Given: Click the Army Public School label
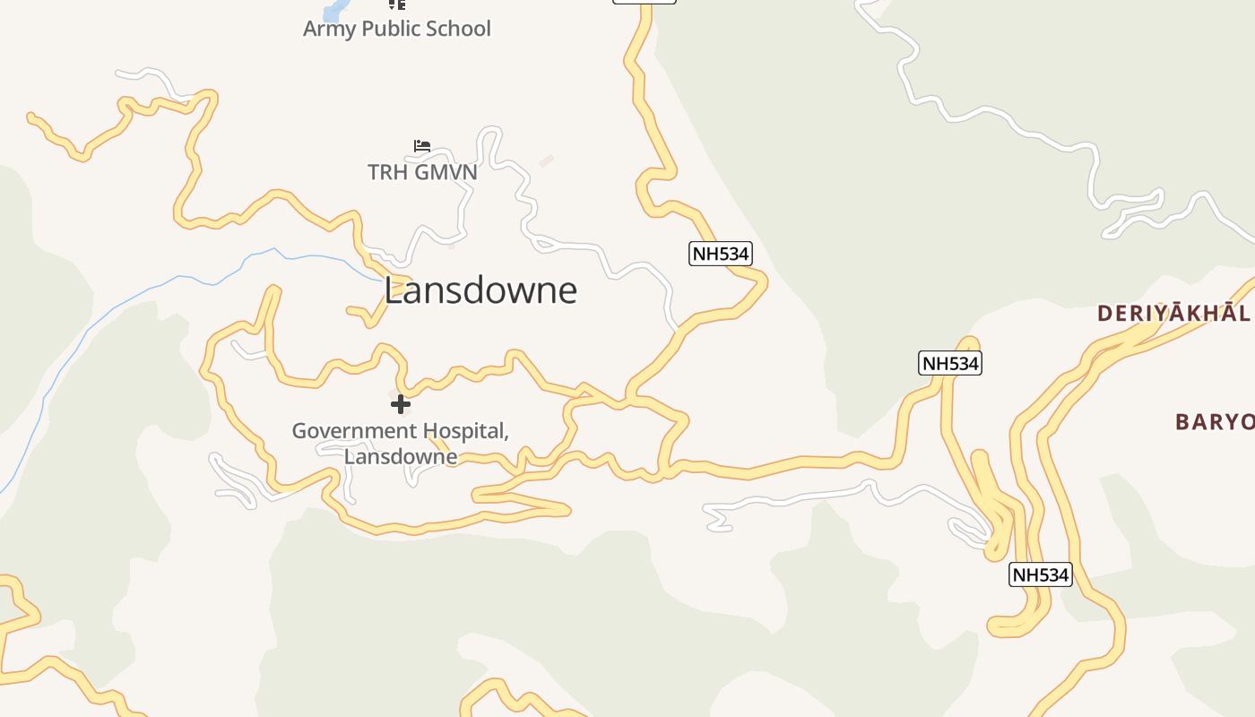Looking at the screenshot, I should point(397,29).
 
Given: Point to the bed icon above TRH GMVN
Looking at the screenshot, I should point(422,145).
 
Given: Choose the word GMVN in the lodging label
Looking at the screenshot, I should point(443,171).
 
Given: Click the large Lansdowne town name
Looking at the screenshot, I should point(480,290).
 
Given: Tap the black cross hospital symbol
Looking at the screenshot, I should point(401,404).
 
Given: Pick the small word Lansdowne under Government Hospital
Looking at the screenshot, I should point(401,456).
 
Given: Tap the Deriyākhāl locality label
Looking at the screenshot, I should point(1173,313).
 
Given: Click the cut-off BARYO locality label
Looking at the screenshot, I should point(1214,421).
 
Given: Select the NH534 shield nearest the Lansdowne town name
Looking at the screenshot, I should point(721,254).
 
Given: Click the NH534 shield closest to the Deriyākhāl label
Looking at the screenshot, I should point(950,363).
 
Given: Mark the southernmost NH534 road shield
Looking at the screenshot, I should point(1041,574).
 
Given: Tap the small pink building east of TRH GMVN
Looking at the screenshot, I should point(546,160).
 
